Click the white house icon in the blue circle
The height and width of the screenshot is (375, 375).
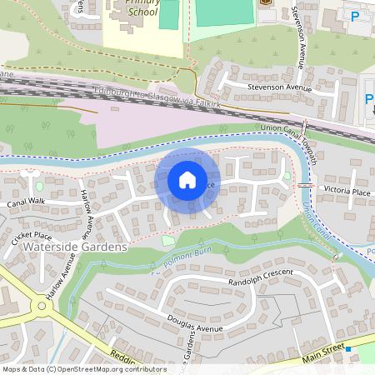(x=187, y=180)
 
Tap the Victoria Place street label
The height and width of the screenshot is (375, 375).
(x=347, y=192)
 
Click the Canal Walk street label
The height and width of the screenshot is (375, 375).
(x=26, y=202)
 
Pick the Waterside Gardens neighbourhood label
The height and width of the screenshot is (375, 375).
(x=76, y=247)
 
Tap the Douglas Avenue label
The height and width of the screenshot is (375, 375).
(x=197, y=328)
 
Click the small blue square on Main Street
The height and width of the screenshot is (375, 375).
(x=349, y=349)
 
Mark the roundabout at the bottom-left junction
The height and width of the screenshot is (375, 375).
(x=42, y=305)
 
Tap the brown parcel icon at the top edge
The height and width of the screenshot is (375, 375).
(x=266, y=2)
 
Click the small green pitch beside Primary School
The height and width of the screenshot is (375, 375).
(x=169, y=14)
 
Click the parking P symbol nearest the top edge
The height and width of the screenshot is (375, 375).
(x=356, y=17)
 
